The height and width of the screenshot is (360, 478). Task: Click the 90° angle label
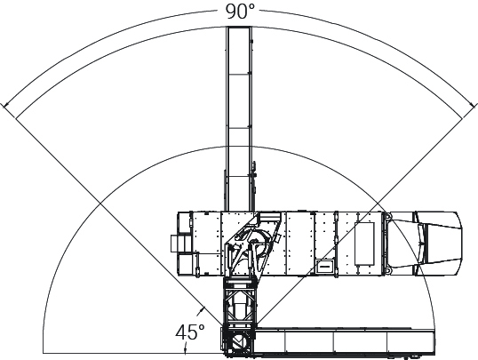point(240,12)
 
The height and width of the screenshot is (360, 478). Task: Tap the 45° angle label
point(189,332)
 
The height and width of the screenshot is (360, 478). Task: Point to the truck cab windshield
point(422,244)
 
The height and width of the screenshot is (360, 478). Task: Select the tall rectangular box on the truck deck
point(364,244)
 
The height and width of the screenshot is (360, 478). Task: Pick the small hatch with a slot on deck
point(324,266)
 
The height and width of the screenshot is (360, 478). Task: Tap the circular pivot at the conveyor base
point(240,341)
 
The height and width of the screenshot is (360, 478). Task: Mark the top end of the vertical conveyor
point(239,28)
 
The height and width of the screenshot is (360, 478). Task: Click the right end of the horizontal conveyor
point(434,341)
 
